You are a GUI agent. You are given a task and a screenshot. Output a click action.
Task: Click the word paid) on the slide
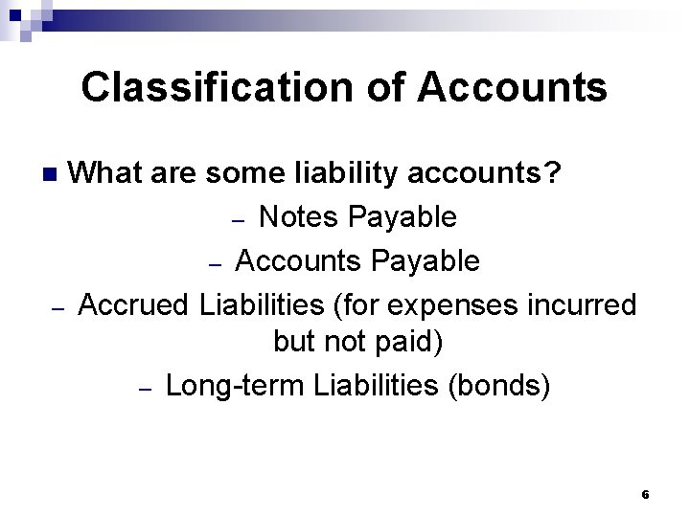tap(408, 341)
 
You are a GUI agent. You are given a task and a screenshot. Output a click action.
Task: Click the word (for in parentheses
tap(354, 305)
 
